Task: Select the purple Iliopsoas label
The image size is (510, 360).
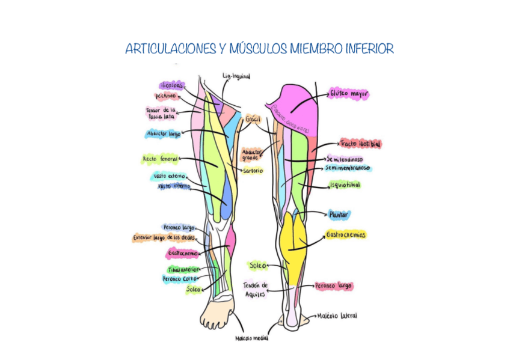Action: click(171, 85)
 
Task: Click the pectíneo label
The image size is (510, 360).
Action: click(165, 96)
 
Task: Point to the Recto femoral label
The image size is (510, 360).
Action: click(160, 159)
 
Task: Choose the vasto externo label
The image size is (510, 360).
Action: click(170, 177)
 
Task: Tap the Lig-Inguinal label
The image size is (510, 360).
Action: click(236, 76)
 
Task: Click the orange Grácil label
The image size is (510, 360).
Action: click(253, 119)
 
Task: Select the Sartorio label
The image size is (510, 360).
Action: click(253, 171)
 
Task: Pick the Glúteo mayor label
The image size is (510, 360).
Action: click(348, 94)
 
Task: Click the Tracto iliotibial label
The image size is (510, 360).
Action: click(360, 144)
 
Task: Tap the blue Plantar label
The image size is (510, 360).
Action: click(339, 214)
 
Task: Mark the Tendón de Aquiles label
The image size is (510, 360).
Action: click(255, 290)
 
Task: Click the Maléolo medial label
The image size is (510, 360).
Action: click(251, 338)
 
